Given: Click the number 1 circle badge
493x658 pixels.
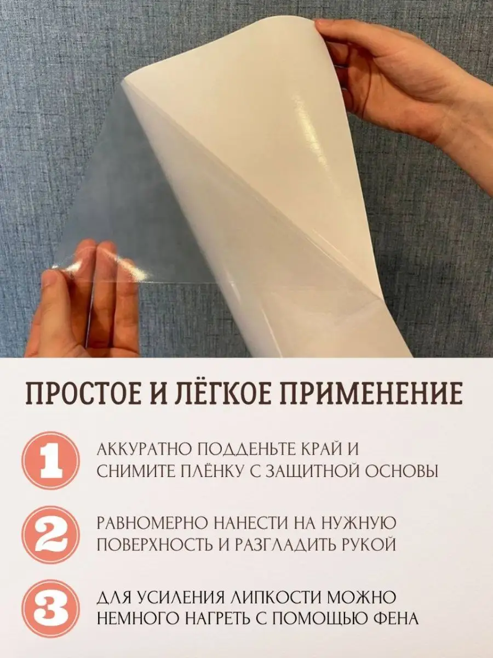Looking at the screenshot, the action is coord(52,460).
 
